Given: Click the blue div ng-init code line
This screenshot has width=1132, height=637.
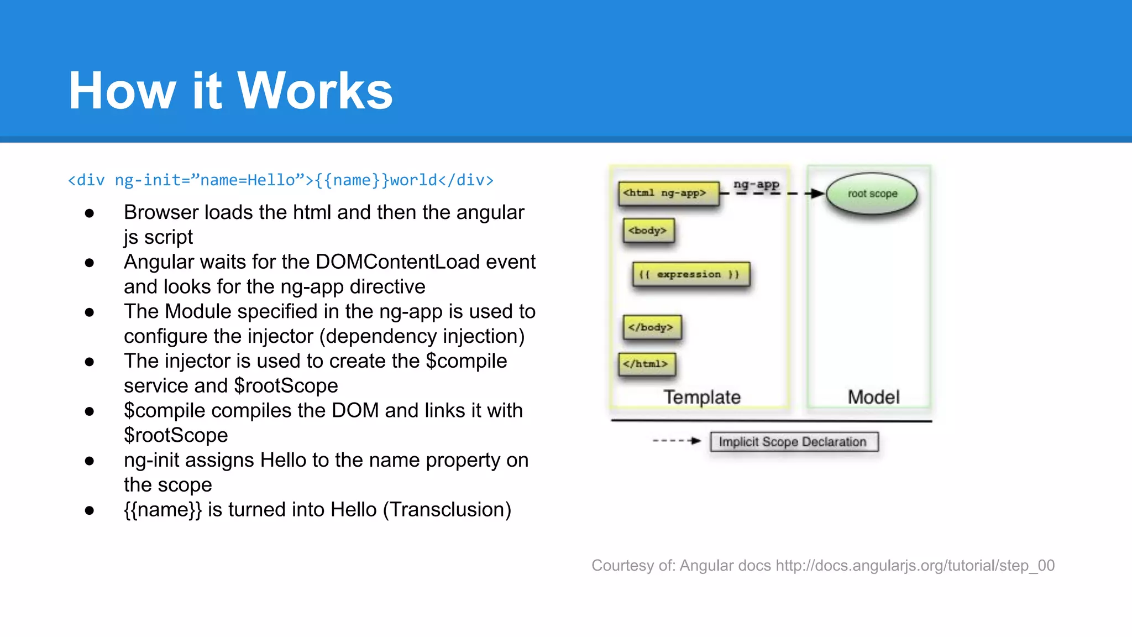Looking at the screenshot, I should coord(280,180).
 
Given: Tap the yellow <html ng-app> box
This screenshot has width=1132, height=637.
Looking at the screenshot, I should coord(668,194).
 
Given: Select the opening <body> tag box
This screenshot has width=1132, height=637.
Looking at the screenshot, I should coord(648,231).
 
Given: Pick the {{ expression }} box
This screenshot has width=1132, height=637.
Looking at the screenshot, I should coord(690,274).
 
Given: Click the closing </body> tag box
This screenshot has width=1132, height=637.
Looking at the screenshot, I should coord(652,327).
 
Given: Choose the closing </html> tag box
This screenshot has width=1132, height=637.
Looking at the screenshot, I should coord(647,364).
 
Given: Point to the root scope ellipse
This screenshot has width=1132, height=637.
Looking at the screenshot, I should coord(872,194).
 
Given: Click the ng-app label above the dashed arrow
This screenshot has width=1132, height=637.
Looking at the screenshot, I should coord(756,184).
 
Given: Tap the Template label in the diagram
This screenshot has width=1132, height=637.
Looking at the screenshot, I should coord(701,397).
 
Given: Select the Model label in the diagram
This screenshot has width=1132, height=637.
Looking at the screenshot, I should coord(873,397).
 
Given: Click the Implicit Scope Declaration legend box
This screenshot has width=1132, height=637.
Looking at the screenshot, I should coord(794,442).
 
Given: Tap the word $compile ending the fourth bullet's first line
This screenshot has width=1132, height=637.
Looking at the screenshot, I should coord(466,361).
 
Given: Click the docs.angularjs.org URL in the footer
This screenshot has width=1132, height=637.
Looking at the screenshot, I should coord(915,566).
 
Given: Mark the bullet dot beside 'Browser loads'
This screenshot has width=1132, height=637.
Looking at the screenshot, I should coord(90,213).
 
